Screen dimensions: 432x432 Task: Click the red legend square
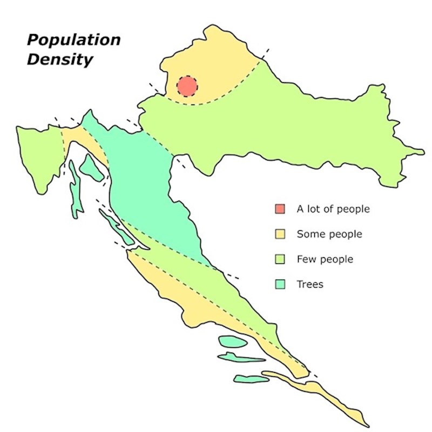pyautogui.click(x=280, y=209)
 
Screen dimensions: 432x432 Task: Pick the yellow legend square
pyautogui.click(x=280, y=234)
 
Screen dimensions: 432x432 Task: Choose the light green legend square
pyautogui.click(x=280, y=260)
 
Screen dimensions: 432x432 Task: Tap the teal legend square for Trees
pyautogui.click(x=280, y=284)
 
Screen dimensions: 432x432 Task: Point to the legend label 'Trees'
pyautogui.click(x=310, y=284)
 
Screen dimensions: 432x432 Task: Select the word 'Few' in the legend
pyautogui.click(x=306, y=260)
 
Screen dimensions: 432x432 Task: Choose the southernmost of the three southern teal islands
pyautogui.click(x=251, y=379)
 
